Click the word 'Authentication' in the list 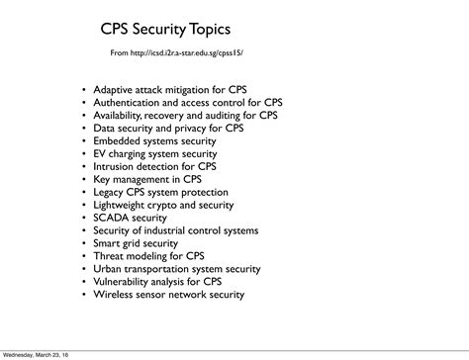coord(130,102)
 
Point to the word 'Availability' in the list coord(121,115)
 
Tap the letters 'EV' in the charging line coord(100,153)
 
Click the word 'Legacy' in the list coord(110,192)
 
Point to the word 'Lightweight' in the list coord(123,205)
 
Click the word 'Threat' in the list coord(110,255)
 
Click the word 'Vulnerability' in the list coord(124,281)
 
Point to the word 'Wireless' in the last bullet coord(114,294)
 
